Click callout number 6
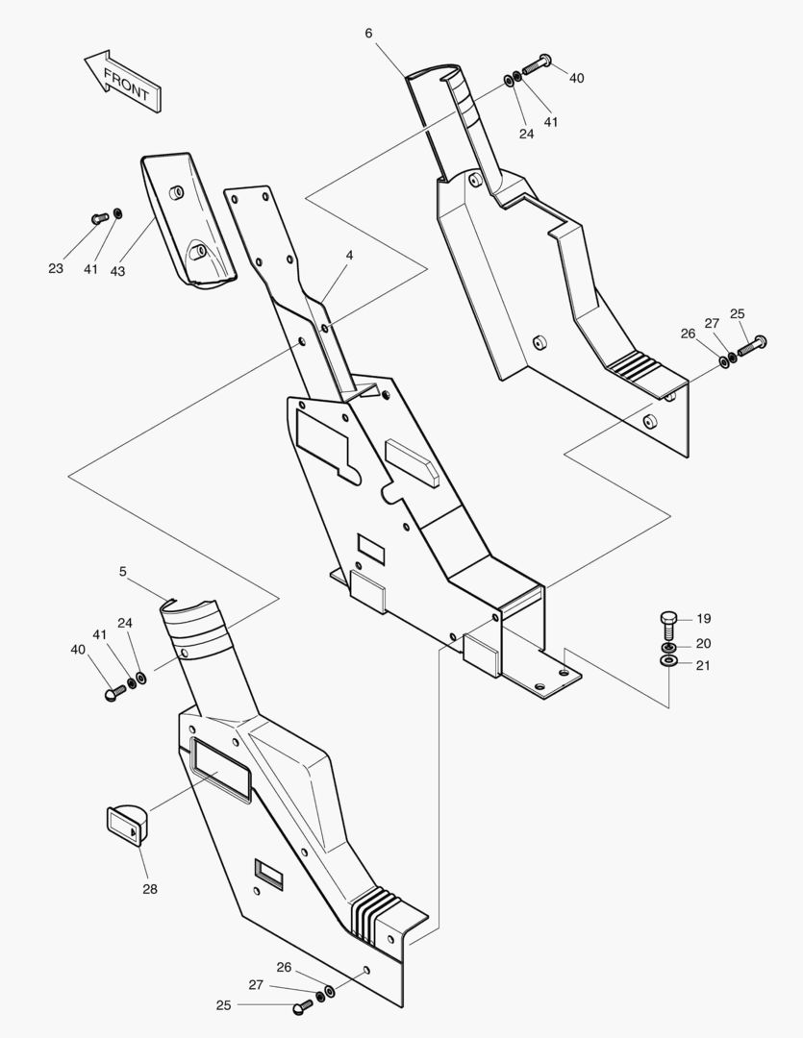369,33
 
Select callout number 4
349,256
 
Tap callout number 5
123,571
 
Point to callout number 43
117,271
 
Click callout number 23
56,268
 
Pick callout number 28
150,889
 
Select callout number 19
703,619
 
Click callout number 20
703,643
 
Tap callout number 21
703,665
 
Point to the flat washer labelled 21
668,663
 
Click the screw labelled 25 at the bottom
303,1005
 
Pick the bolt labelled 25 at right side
752,344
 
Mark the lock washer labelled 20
668,646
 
